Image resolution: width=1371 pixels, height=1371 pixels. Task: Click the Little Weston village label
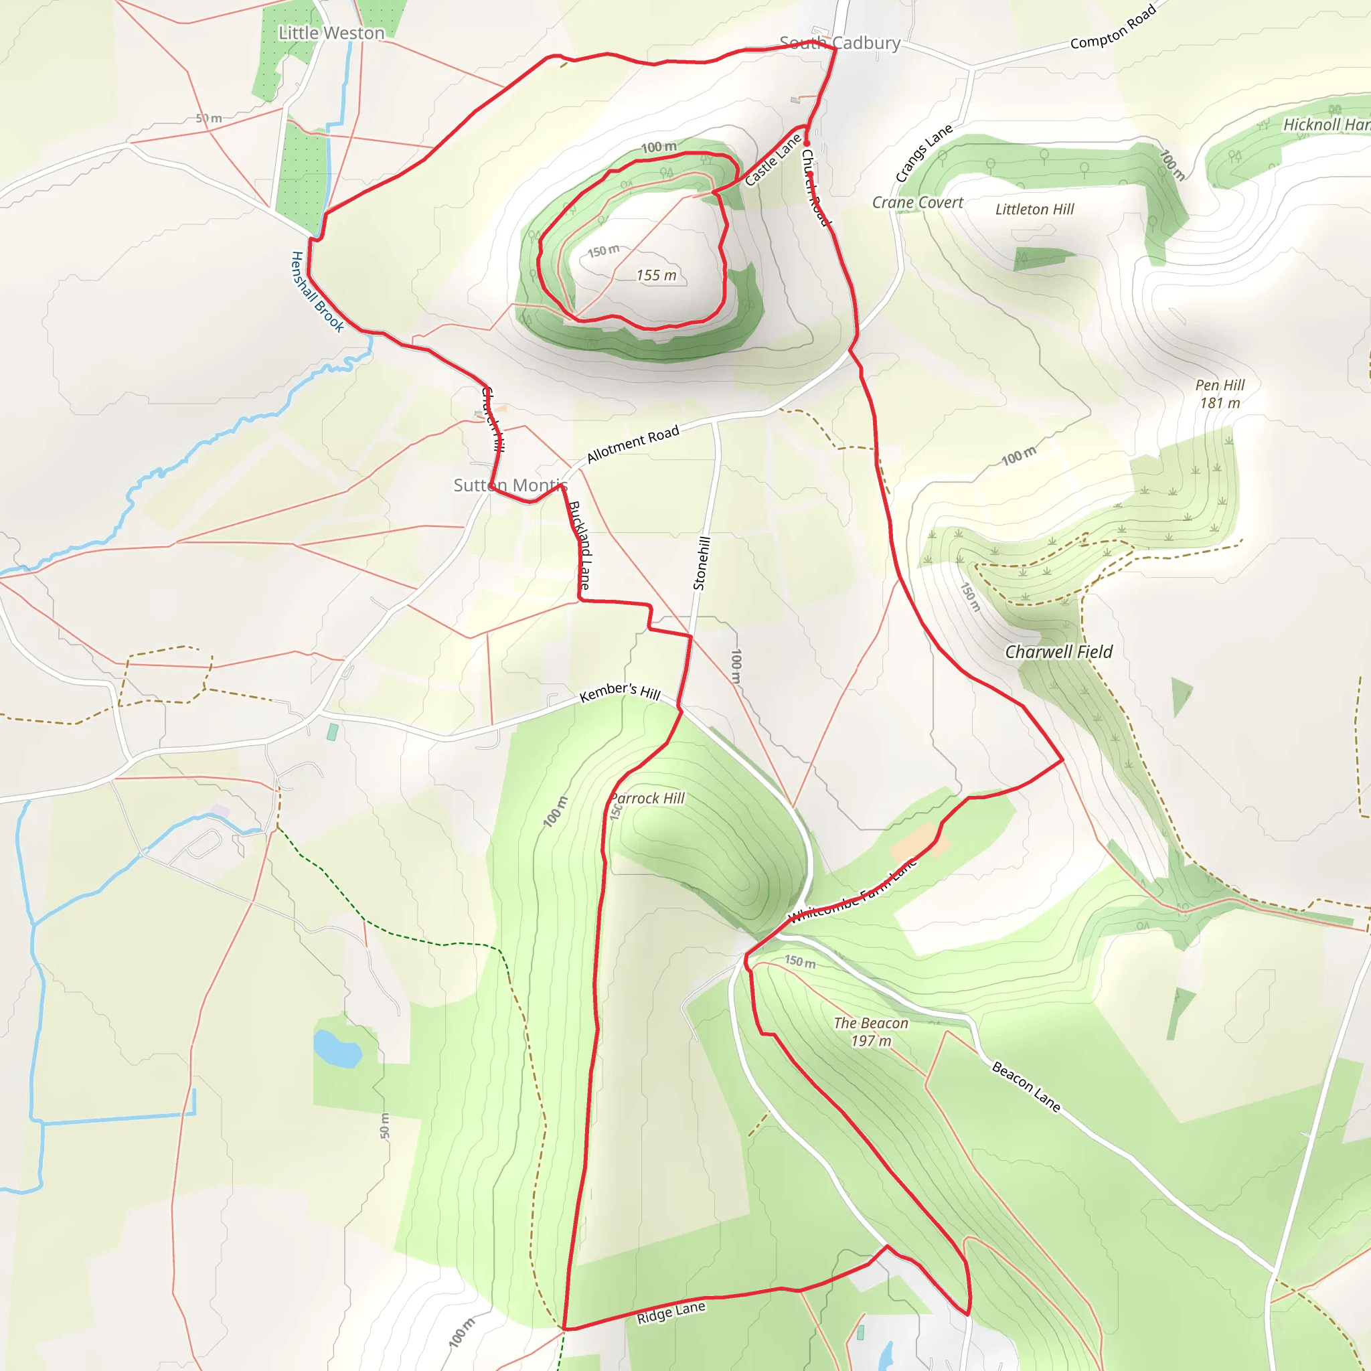tap(331, 33)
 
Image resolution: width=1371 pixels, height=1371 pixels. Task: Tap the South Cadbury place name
tap(839, 44)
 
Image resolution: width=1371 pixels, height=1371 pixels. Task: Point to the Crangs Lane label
tap(923, 153)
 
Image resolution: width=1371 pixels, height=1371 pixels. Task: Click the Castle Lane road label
tap(773, 160)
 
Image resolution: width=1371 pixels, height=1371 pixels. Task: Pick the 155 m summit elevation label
tap(657, 275)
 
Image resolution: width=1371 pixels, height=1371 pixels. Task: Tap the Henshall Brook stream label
tap(317, 292)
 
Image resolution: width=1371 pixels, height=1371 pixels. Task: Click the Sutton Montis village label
tap(510, 485)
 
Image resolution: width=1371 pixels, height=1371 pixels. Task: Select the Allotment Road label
tap(633, 444)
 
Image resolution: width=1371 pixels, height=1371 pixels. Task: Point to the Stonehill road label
tap(700, 563)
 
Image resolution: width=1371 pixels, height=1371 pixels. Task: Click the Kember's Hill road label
tap(619, 692)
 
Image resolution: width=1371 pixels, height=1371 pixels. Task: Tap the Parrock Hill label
tap(647, 799)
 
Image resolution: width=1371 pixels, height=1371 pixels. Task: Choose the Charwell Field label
tap(1058, 652)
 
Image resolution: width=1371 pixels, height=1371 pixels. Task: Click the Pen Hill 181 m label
tap(1220, 394)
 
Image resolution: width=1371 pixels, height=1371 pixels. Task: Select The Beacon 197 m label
tap(871, 1032)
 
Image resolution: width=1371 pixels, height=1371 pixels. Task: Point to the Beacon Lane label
tap(1026, 1086)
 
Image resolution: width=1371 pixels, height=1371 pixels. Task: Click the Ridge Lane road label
tap(671, 1312)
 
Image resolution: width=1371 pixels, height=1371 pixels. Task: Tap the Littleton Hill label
tap(1034, 210)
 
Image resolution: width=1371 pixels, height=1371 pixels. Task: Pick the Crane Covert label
tap(917, 203)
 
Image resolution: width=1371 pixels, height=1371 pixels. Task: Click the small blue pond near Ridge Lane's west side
tap(337, 1050)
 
